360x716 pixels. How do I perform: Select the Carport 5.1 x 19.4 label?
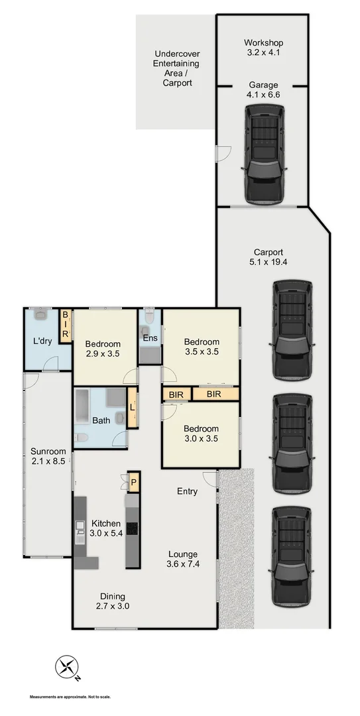click(268, 258)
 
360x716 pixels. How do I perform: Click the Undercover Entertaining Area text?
click(177, 68)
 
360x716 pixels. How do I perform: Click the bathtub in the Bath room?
click(82, 410)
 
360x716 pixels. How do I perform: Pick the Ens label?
click(150, 338)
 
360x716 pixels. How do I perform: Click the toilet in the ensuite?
click(150, 319)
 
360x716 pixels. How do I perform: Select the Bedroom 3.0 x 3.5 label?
click(201, 434)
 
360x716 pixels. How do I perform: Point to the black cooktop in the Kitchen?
click(132, 528)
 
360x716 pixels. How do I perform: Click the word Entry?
click(187, 491)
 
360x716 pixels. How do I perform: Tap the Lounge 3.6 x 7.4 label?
click(182, 559)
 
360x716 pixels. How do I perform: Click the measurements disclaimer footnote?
click(70, 697)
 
